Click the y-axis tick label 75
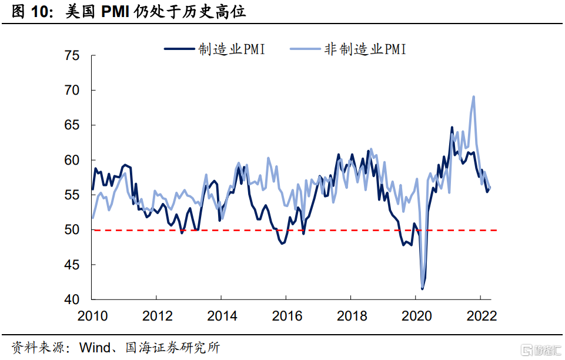coord(72,56)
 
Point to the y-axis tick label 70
coord(72,91)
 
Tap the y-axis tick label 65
coord(72,125)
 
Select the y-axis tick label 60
coord(72,160)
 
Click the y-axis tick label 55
coord(72,195)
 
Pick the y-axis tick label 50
coord(72,230)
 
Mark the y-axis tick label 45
coord(72,265)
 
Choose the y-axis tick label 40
coord(72,299)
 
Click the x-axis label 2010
coord(92,316)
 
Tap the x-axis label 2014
coord(222,316)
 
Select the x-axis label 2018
coord(351,316)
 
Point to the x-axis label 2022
coord(481,316)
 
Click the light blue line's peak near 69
coord(473,97)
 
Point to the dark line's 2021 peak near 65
coord(452,128)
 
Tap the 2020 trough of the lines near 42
coord(422,288)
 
